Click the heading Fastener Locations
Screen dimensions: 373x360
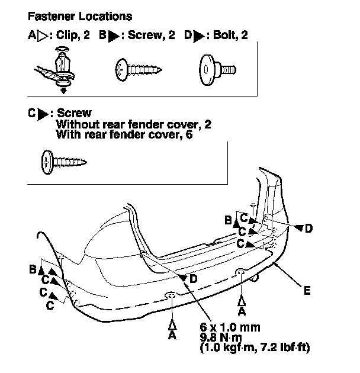pyautogui.click(x=81, y=16)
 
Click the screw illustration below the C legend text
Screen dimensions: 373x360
pyautogui.click(x=63, y=159)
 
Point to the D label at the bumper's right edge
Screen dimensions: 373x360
pyautogui.click(x=308, y=227)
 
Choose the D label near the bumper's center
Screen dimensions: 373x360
pyautogui.click(x=194, y=278)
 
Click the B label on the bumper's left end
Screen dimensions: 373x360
pyautogui.click(x=33, y=269)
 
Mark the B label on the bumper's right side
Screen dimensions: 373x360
pyautogui.click(x=228, y=220)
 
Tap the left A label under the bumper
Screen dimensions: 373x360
pyautogui.click(x=172, y=335)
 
